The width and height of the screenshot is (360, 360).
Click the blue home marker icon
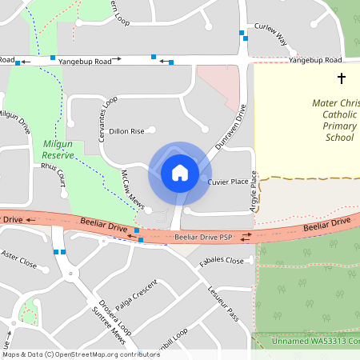tap(180, 172)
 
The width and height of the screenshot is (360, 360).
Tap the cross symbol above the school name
tap(342, 78)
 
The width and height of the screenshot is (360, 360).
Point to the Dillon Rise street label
tap(126, 130)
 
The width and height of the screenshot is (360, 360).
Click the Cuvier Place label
tap(228, 182)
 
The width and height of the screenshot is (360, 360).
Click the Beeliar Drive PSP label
tap(203, 238)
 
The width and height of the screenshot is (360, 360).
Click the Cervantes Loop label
tap(106, 119)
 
